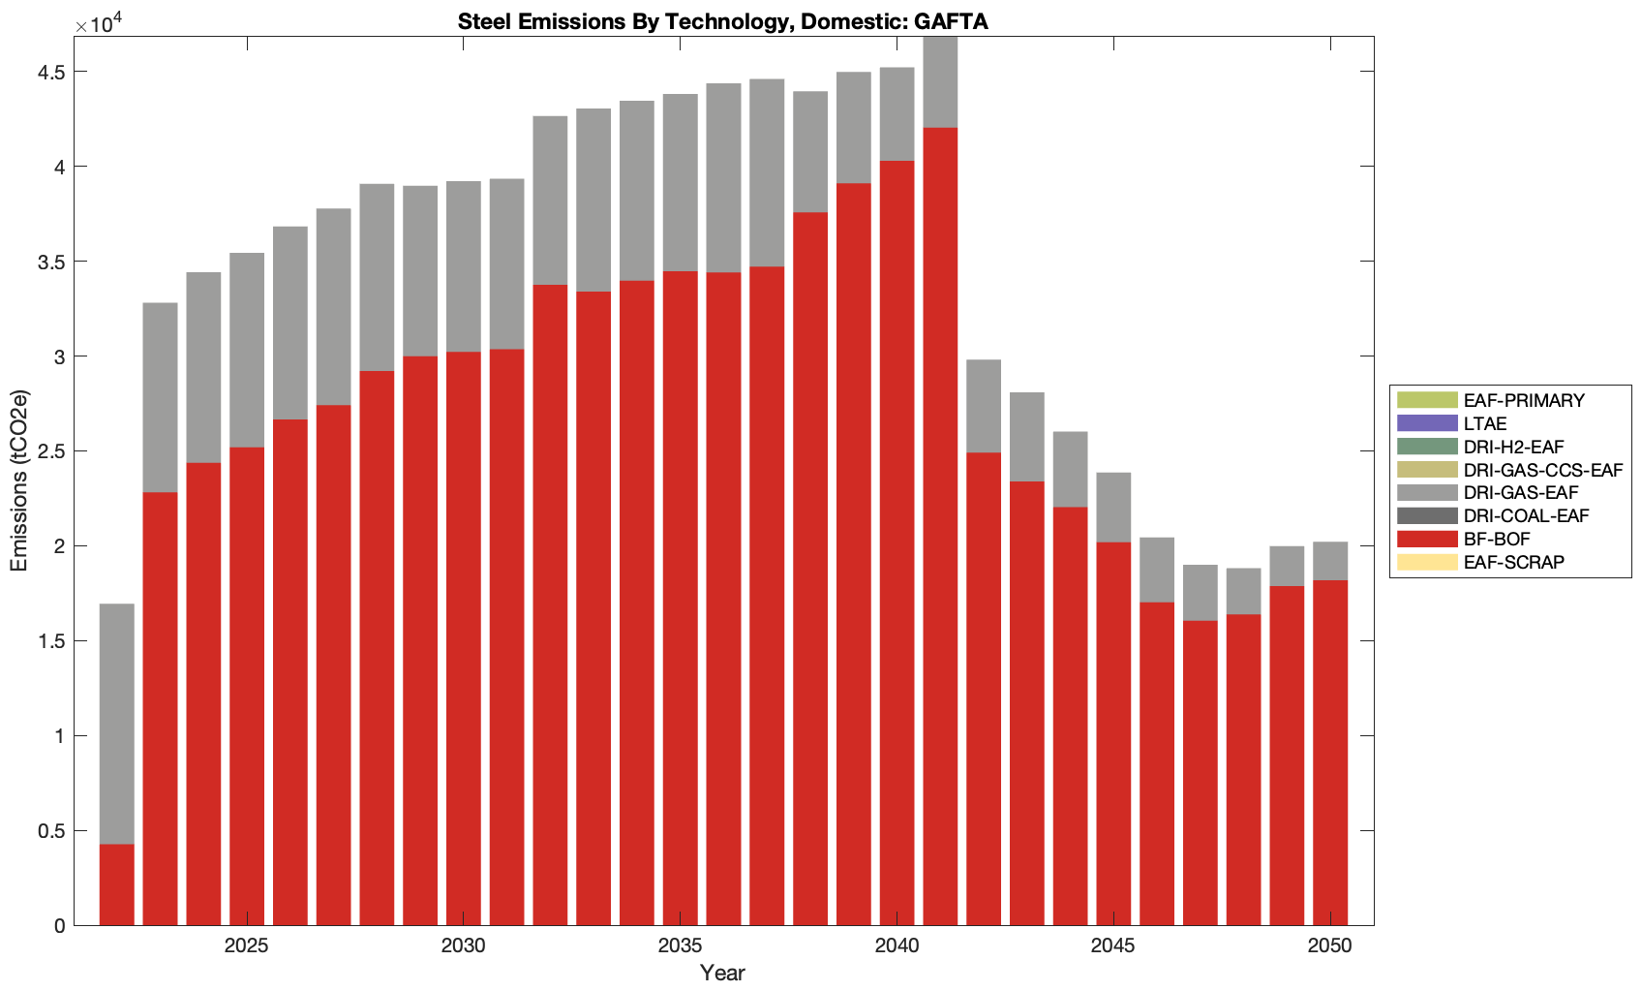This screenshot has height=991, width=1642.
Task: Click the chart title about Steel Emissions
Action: [722, 21]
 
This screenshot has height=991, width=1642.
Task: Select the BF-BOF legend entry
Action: [1497, 540]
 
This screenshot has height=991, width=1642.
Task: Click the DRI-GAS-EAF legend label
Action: [1521, 493]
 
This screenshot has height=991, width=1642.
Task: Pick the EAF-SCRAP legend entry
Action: [1513, 563]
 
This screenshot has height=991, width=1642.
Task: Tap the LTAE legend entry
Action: [1485, 423]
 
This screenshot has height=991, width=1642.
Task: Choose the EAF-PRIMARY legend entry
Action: [1524, 400]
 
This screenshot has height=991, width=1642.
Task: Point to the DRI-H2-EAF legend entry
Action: [1513, 447]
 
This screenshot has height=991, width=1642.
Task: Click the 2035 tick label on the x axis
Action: [680, 946]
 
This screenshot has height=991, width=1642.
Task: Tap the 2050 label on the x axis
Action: [1329, 946]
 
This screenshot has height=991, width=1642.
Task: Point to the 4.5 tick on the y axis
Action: [52, 73]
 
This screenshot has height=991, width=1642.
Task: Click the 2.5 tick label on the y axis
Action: [52, 452]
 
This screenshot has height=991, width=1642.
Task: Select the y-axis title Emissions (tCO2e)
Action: [19, 480]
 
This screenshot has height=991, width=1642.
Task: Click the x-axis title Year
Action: [722, 973]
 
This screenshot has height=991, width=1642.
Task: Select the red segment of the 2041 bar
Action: [940, 523]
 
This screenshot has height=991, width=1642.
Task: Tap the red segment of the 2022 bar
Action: [117, 884]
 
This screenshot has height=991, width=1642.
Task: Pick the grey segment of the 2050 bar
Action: [1330, 561]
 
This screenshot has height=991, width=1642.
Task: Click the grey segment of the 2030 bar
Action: [464, 266]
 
